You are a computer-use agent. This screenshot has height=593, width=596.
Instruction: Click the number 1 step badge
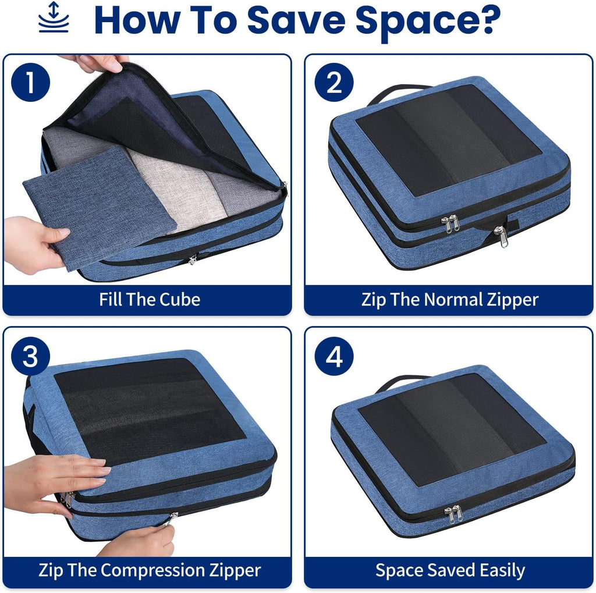[30, 83]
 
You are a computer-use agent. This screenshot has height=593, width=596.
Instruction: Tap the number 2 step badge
[334, 83]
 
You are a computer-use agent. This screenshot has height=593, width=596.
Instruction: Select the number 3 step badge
[30, 356]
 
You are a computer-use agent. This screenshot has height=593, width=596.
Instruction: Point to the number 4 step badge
[334, 356]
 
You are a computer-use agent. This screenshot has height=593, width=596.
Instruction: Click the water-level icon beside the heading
[54, 18]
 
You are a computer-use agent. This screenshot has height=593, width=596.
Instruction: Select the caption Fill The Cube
[149, 300]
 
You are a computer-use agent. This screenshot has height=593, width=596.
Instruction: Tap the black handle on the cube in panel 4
[402, 381]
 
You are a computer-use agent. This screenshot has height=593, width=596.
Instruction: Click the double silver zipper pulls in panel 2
[450, 223]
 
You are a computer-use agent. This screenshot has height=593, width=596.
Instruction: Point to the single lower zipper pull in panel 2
[501, 235]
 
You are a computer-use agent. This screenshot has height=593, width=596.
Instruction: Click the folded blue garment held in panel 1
[96, 207]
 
